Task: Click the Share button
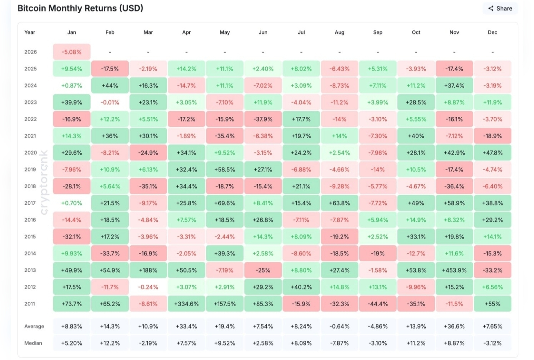click(x=500, y=9)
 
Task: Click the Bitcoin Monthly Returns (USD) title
click(x=80, y=8)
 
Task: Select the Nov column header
click(x=454, y=32)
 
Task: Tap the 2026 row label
click(x=30, y=52)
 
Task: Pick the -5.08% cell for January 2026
click(x=72, y=52)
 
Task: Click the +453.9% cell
click(x=454, y=270)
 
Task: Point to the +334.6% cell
click(x=186, y=304)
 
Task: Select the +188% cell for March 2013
click(x=148, y=270)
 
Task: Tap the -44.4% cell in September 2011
click(x=378, y=304)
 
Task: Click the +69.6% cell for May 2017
click(x=225, y=203)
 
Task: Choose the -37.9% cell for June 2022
click(x=263, y=119)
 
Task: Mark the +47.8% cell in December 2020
click(x=492, y=153)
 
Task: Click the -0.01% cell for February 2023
click(x=110, y=102)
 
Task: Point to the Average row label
click(x=34, y=326)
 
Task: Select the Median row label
click(x=33, y=343)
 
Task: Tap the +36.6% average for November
click(x=454, y=326)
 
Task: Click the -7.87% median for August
click(x=339, y=343)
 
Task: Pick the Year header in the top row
click(x=30, y=32)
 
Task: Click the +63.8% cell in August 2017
click(x=339, y=203)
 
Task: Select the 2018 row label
click(x=30, y=186)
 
